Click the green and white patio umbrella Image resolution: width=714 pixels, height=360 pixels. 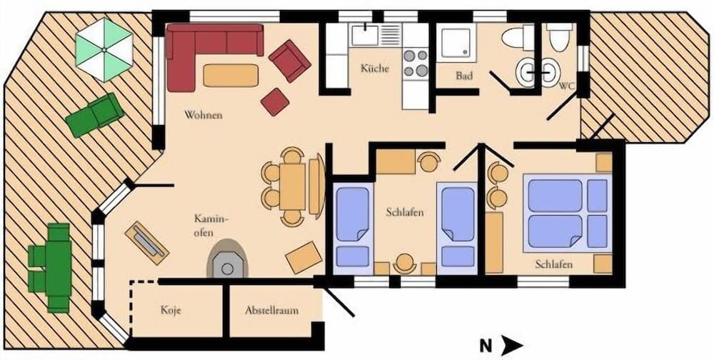tap(104, 49)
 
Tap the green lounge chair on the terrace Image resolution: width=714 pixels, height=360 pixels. tap(94, 114)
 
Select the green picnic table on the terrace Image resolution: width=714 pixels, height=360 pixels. tap(49, 267)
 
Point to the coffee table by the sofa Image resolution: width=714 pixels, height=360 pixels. tap(230, 75)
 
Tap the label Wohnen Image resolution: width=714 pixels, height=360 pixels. tap(203, 114)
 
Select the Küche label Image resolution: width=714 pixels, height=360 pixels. tap(375, 69)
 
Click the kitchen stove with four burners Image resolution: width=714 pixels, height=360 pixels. tap(415, 62)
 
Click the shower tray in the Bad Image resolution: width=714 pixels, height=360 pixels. tap(454, 44)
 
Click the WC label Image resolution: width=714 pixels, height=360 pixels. tap(567, 86)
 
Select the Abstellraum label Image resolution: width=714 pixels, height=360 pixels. tap(271, 311)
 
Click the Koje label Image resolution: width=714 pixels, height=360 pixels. tap(171, 311)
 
